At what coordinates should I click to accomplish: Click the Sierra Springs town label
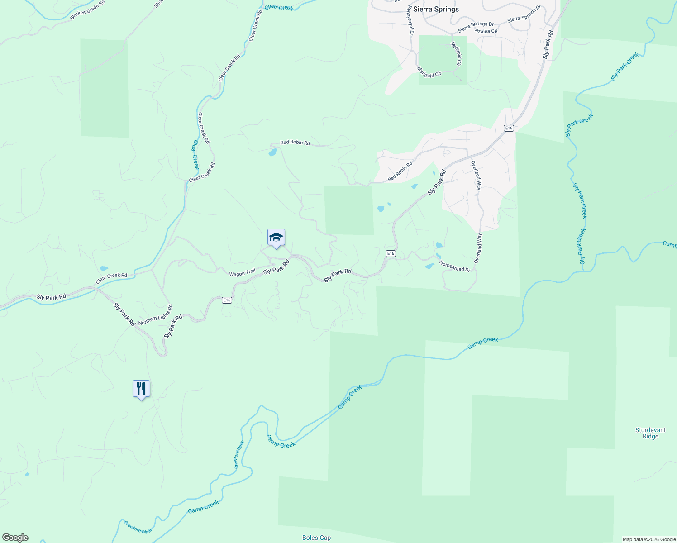(x=436, y=9)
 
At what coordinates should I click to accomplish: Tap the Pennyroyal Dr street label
(x=410, y=20)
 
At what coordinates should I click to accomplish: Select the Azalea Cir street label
(x=486, y=31)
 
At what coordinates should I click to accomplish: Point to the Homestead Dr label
(x=455, y=267)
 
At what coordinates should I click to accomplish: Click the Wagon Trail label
(x=242, y=273)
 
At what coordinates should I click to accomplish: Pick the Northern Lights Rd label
(x=155, y=315)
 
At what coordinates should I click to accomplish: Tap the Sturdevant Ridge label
(x=650, y=433)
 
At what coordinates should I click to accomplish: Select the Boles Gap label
(x=316, y=538)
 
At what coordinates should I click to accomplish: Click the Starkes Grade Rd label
(x=87, y=10)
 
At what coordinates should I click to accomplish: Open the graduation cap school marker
(x=276, y=238)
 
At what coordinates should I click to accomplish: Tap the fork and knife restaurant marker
(x=141, y=389)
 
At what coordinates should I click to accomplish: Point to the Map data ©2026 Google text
(x=649, y=539)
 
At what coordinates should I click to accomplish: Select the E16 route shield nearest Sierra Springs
(x=509, y=129)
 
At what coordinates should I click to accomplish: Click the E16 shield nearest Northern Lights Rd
(x=227, y=300)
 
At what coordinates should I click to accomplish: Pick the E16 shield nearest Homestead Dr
(x=391, y=254)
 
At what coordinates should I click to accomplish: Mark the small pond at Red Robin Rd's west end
(x=272, y=152)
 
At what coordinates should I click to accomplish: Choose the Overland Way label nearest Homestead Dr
(x=478, y=248)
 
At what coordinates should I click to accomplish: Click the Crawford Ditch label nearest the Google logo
(x=138, y=528)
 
